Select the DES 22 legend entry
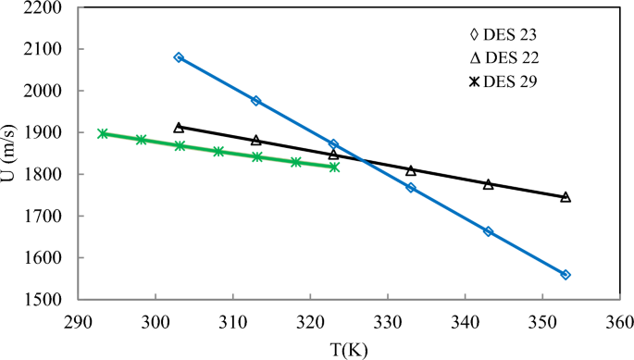pos(505,59)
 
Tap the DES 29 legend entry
pos(505,82)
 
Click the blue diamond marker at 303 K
pos(179,57)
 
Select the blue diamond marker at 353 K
pos(566,275)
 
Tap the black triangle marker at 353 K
pos(566,196)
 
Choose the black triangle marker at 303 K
pos(179,127)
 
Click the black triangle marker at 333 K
pos(411,170)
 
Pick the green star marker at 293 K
pos(102,133)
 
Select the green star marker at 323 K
pos(333,167)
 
